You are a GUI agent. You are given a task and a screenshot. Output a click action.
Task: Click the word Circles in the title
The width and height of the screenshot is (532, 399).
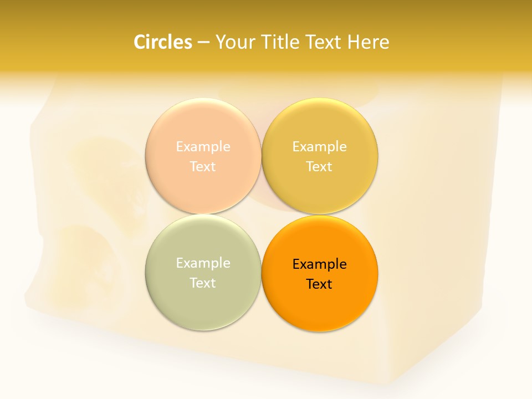coord(162,42)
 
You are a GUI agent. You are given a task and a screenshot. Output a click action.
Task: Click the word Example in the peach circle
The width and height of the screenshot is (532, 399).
coord(203,146)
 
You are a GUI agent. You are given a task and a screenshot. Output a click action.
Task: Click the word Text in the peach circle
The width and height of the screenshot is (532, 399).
coord(203,166)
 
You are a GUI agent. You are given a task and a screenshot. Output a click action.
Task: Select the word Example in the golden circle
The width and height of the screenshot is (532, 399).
coord(319,146)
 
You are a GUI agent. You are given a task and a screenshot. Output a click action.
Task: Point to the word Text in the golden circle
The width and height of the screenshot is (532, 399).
coord(319,166)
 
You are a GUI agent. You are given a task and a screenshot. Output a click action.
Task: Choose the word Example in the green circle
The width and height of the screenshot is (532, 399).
coord(203,263)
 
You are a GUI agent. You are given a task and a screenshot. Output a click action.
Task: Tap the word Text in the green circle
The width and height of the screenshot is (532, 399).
coord(203,283)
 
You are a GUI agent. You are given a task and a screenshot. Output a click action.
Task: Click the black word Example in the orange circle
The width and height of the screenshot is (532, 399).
coord(319,264)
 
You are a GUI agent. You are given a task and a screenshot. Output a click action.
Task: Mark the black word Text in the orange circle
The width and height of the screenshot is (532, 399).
coord(319,284)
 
